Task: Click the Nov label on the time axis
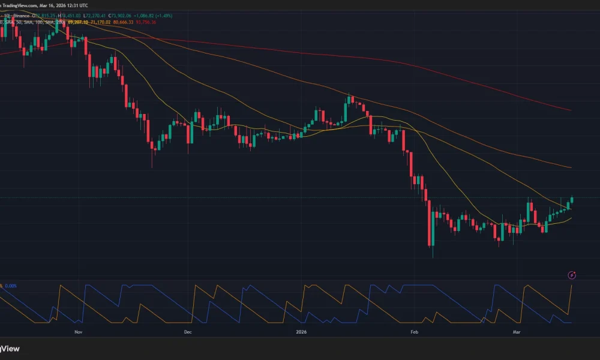tap(77, 331)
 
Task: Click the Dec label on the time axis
tap(187, 331)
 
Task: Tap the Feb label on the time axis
tap(413, 331)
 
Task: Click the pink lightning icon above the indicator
tap(572, 275)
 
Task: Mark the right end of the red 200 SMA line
tap(569, 110)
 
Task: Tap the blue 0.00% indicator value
tap(11, 286)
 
